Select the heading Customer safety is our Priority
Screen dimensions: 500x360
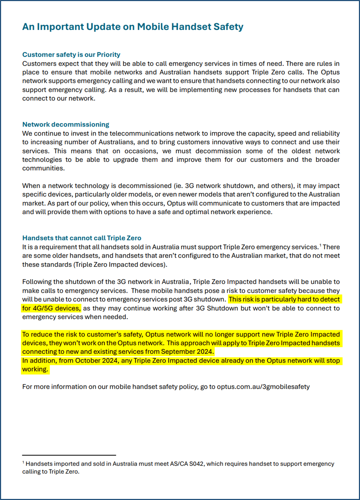point(71,55)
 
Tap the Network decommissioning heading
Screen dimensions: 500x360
point(66,125)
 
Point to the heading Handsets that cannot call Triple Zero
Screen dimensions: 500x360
point(82,238)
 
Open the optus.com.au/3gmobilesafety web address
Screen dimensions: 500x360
point(263,387)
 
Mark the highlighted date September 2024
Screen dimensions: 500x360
point(187,352)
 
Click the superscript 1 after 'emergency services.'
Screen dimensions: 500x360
point(320,245)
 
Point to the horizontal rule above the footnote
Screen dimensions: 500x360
point(69,455)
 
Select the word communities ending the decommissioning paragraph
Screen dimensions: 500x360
point(43,168)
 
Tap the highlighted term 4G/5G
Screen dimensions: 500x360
point(43,308)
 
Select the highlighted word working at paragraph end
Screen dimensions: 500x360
point(35,369)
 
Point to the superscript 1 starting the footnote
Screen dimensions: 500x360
point(23,462)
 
